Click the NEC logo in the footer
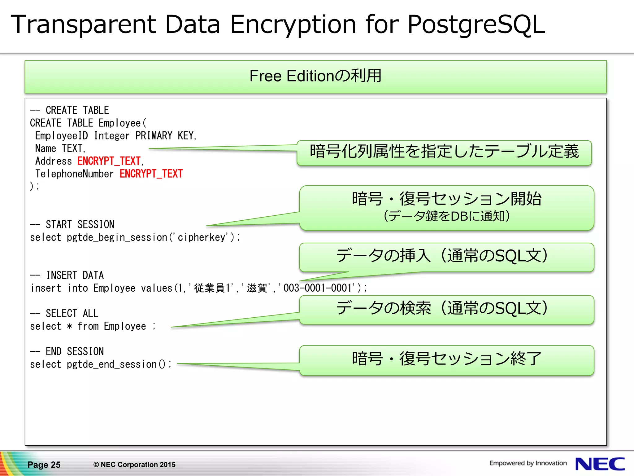tap(600, 464)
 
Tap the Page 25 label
tap(44, 465)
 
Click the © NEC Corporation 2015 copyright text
tap(134, 465)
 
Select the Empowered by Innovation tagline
tap(528, 463)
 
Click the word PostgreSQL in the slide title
tap(476, 25)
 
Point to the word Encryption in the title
tap(293, 25)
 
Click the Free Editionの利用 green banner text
tap(315, 76)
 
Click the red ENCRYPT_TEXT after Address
tap(109, 161)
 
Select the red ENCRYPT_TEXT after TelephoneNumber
tap(151, 174)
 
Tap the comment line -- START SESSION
tap(72, 224)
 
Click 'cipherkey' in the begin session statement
tap(202, 237)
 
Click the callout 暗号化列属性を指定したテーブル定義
tap(444, 152)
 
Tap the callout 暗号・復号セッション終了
tap(446, 359)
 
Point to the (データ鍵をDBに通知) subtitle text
tap(446, 216)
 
